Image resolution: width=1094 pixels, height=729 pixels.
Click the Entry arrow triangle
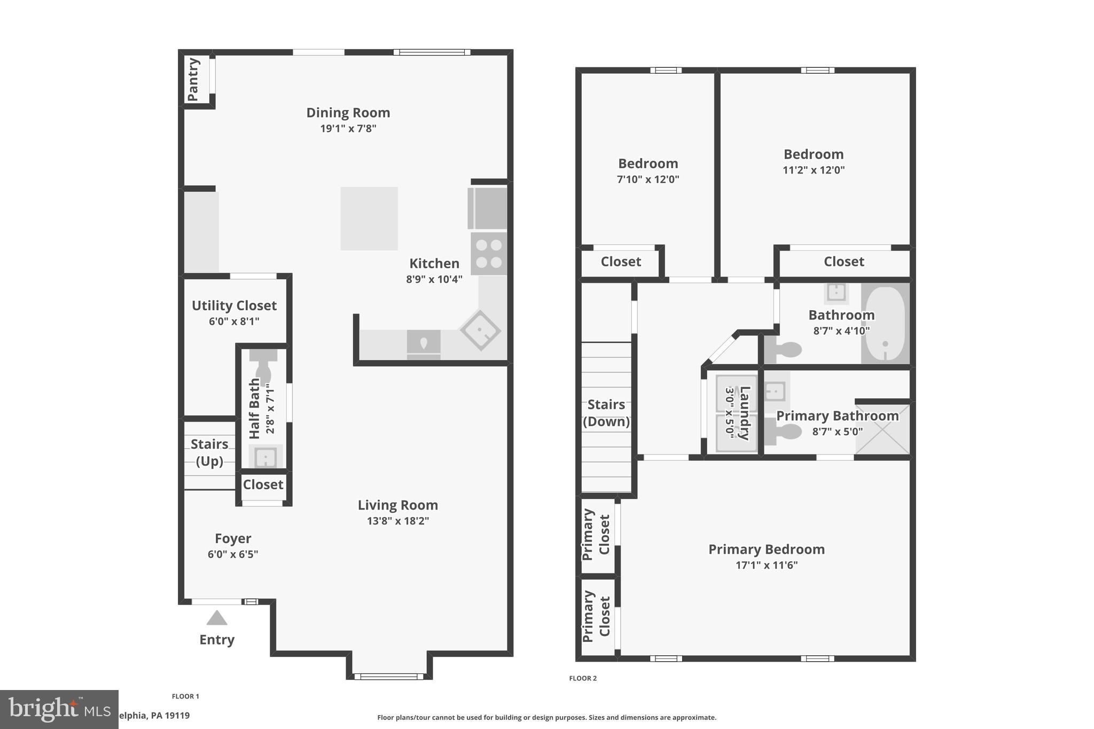(x=217, y=618)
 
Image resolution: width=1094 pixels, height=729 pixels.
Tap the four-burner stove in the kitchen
(x=489, y=254)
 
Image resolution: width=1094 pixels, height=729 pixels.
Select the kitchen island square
(x=369, y=218)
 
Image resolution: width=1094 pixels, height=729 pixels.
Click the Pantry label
(x=193, y=80)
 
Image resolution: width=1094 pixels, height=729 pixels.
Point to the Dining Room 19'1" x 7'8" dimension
(x=348, y=129)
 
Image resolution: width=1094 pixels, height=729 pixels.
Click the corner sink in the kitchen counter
(x=480, y=331)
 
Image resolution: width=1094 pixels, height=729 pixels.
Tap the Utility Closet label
(x=234, y=305)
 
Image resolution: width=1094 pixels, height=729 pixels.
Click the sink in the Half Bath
(x=265, y=458)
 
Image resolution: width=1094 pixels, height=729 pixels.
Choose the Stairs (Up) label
(x=209, y=452)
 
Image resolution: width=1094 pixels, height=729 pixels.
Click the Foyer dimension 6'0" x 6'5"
(x=233, y=554)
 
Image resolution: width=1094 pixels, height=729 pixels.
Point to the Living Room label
(x=397, y=505)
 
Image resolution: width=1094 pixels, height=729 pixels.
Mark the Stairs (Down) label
(x=606, y=413)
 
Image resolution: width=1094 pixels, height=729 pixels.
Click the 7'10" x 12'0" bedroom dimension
(x=648, y=179)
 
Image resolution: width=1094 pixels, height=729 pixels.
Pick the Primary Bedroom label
(x=767, y=549)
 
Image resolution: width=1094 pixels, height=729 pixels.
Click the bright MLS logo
(x=59, y=709)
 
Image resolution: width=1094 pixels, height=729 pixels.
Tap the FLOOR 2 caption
(x=583, y=678)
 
